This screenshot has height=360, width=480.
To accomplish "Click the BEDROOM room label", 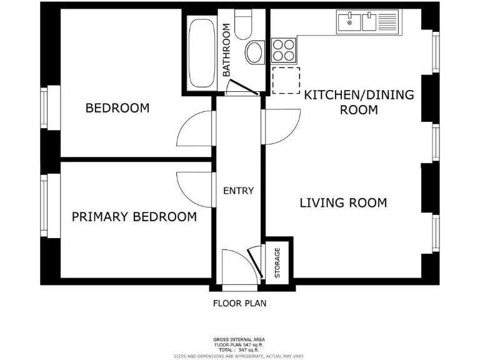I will (117, 108).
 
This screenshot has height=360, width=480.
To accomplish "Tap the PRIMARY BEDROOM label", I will (134, 217).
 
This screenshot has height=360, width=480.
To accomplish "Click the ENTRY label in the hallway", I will (239, 191).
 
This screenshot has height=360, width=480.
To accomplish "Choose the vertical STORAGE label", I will (277, 262).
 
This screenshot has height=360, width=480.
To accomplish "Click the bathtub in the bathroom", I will (201, 53).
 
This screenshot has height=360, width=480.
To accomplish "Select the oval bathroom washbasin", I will (254, 52).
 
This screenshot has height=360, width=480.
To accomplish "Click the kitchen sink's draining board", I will (388, 22).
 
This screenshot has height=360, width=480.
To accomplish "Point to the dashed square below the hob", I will (286, 81).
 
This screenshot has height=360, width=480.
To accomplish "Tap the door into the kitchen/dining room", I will (280, 128).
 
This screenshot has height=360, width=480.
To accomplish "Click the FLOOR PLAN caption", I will (240, 304).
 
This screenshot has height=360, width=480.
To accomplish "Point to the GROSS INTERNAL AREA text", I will (240, 339).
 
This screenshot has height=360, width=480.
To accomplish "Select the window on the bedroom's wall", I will (45, 108).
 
